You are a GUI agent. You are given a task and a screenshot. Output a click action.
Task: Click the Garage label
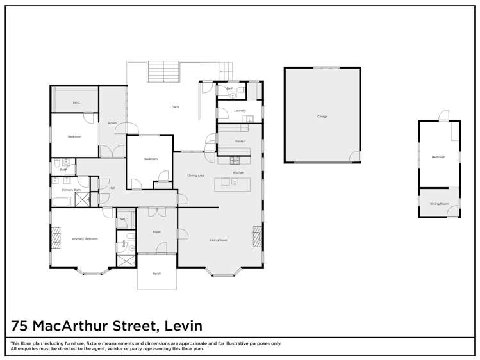point(322,117)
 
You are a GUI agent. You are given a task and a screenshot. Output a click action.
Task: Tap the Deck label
point(174,106)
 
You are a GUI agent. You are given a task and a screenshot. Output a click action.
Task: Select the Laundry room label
point(240,111)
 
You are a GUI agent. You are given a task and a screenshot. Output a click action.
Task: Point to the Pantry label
point(240,141)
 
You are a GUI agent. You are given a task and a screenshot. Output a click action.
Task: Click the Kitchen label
point(238,173)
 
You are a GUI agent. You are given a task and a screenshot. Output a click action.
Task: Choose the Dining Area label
point(195,175)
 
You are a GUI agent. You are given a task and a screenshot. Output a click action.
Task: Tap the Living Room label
point(219,240)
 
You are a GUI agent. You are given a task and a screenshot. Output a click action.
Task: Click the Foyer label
point(156,231)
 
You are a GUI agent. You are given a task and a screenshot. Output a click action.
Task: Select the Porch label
point(156,274)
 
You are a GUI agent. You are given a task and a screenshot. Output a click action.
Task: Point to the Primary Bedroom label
point(85,239)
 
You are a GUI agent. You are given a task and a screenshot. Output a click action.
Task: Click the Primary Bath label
point(71,190)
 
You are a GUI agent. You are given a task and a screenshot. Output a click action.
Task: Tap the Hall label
point(112,188)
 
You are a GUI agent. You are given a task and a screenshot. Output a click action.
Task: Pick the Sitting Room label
point(440,204)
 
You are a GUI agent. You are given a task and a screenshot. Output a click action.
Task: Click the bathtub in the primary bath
point(63,202)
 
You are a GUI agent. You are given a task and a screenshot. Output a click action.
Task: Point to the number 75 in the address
point(22,326)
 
